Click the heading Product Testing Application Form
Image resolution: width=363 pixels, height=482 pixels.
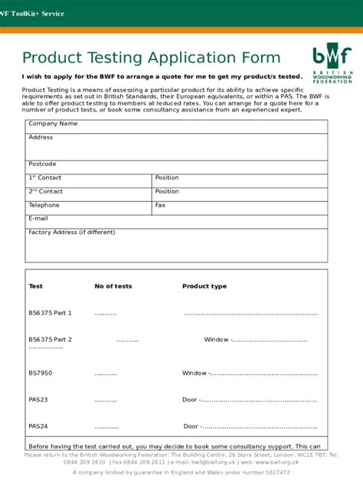(x=151, y=58)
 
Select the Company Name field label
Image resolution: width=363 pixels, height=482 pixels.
(x=53, y=123)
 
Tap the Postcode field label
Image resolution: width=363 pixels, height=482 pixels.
(x=42, y=164)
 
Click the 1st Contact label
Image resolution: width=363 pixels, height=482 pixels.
(x=45, y=177)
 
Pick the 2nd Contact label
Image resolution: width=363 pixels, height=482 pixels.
(x=46, y=191)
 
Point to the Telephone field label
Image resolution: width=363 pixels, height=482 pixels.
(x=44, y=205)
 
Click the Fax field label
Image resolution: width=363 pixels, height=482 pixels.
(x=160, y=205)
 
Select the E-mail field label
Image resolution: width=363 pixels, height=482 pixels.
(x=38, y=218)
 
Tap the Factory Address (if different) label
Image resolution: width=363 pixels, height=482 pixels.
(x=72, y=232)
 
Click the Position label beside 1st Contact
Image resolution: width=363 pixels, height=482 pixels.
(x=167, y=177)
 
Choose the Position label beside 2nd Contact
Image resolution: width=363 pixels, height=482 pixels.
(x=167, y=191)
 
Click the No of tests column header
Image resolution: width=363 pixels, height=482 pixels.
(x=113, y=286)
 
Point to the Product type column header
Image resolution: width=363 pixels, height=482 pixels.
(x=204, y=286)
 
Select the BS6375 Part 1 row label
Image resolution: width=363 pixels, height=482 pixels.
(x=50, y=313)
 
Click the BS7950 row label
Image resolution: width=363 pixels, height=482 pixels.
(x=41, y=373)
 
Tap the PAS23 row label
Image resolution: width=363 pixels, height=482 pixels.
(x=38, y=399)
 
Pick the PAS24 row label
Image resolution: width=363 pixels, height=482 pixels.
(x=38, y=426)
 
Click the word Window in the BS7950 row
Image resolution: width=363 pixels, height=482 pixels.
(x=194, y=373)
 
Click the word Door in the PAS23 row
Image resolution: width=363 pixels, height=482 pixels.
(x=189, y=399)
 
